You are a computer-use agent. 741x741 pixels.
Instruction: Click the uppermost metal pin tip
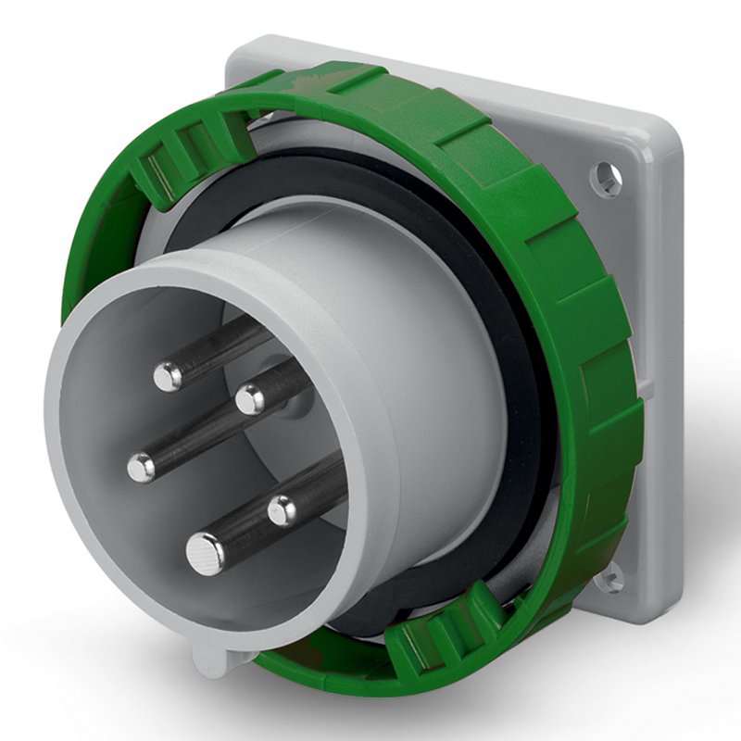coord(168,375)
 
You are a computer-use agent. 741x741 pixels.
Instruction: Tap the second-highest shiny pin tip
coord(249,399)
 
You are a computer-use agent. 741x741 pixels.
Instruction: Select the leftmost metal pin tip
coord(142,467)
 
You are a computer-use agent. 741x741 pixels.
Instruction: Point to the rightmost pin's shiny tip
coord(283,509)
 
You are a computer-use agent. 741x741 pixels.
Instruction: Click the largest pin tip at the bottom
coord(205,554)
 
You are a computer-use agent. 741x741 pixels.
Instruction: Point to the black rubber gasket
coord(519,370)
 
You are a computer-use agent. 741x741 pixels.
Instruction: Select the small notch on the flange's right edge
coord(647,389)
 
